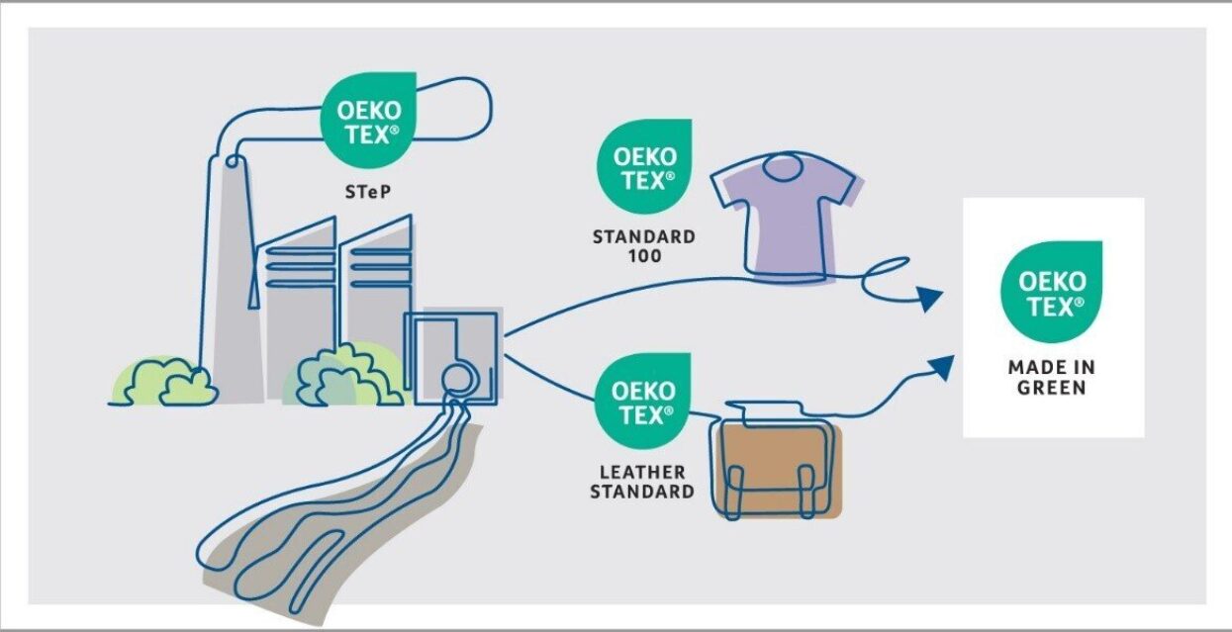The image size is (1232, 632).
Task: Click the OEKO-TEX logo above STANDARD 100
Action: click(x=643, y=166)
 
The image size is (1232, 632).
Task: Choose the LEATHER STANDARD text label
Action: click(x=641, y=482)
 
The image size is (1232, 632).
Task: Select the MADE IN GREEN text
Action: click(x=1052, y=377)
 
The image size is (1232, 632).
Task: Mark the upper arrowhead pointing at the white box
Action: click(x=927, y=298)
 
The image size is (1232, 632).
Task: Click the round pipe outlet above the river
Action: click(x=457, y=378)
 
